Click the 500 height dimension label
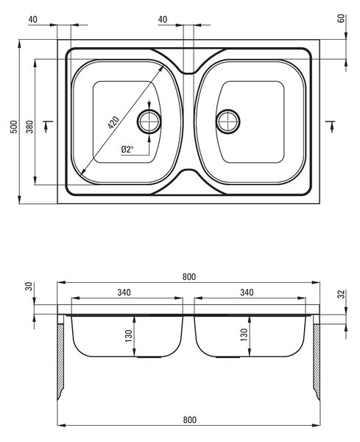pyautogui.click(x=14, y=127)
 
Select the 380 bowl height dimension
pyautogui.click(x=29, y=127)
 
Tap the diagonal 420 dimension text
pyautogui.click(x=113, y=122)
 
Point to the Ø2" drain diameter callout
pyautogui.click(x=127, y=150)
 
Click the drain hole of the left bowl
pyautogui.click(x=149, y=122)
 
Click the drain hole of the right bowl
pyautogui.click(x=228, y=122)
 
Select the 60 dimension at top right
pyautogui.click(x=341, y=18)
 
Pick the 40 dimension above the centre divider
pyautogui.click(x=163, y=19)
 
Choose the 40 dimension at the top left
pyautogui.click(x=33, y=19)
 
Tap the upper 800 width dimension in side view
pyautogui.click(x=188, y=277)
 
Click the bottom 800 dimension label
pyautogui.click(x=190, y=420)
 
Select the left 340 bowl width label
pyautogui.click(x=124, y=292)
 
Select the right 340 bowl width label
pyautogui.click(x=247, y=292)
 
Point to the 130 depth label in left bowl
pyautogui.click(x=128, y=335)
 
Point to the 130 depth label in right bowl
pyautogui.click(x=244, y=334)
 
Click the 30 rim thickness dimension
pyautogui.click(x=29, y=287)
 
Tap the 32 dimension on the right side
pyautogui.click(x=341, y=294)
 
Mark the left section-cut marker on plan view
pyautogui.click(x=48, y=126)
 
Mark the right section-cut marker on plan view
pyautogui.click(x=330, y=126)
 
